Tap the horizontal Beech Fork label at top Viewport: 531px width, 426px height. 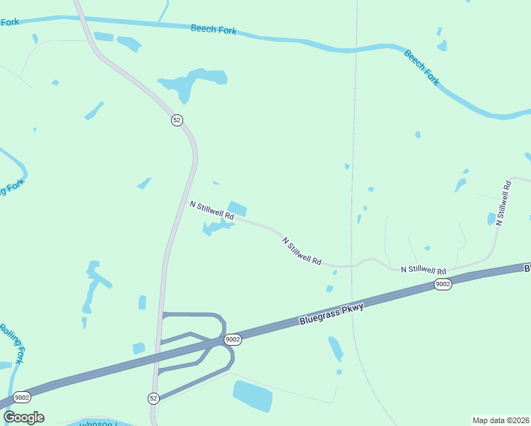pyautogui.click(x=213, y=31)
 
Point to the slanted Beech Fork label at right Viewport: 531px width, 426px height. pyautogui.click(x=422, y=67)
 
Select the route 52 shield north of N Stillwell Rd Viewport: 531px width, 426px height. pyautogui.click(x=177, y=120)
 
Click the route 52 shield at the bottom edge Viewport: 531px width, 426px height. pyautogui.click(x=153, y=398)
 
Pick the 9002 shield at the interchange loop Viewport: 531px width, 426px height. pyautogui.click(x=233, y=339)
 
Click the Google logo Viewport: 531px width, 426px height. pyautogui.click(x=23, y=417)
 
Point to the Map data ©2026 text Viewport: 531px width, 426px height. pyautogui.click(x=500, y=420)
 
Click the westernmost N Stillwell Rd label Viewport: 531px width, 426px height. pyautogui.click(x=211, y=209)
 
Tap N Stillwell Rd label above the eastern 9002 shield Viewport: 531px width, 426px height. pyautogui.click(x=423, y=271)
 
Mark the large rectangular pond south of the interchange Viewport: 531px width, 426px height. pyautogui.click(x=252, y=395)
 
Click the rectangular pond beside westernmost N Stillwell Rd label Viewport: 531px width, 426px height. pyautogui.click(x=237, y=209)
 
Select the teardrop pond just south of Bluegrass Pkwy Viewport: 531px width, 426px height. pyautogui.click(x=335, y=349)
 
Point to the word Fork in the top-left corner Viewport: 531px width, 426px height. pyautogui.click(x=9, y=22)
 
